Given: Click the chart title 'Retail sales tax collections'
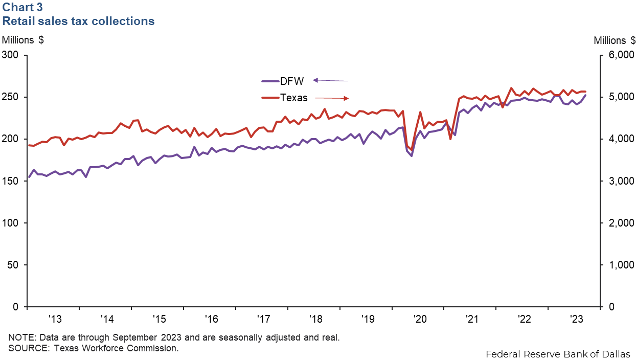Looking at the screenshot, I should point(79,21).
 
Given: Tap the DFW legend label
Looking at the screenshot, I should point(292,81).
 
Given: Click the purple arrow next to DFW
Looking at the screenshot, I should point(330,80).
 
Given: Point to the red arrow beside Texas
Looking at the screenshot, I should point(332,98).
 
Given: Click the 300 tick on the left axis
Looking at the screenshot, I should point(11,55).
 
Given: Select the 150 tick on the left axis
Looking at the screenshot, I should point(11,182).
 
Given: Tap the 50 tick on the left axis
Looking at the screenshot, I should point(13,265).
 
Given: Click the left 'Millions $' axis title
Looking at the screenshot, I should point(23,40).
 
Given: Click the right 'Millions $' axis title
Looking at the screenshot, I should point(614,40).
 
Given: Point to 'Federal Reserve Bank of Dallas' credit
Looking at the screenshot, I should point(558,354).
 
